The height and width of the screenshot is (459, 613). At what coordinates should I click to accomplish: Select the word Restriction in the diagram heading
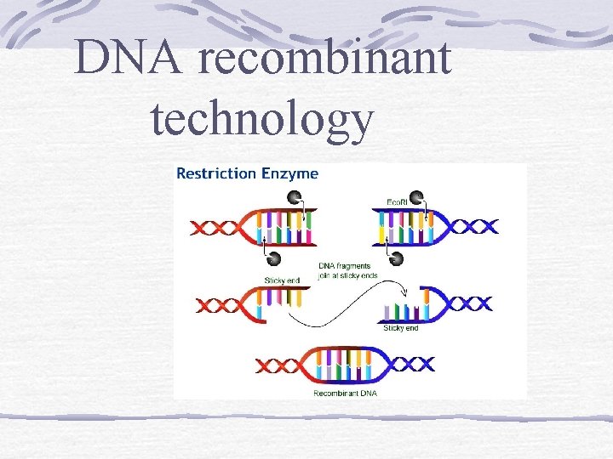tap(216, 173)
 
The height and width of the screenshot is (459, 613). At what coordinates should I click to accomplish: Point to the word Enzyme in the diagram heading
tap(290, 173)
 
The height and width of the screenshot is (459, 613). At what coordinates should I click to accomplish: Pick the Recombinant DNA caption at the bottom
tap(346, 393)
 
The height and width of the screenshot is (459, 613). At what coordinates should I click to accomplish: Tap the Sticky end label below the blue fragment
tap(402, 327)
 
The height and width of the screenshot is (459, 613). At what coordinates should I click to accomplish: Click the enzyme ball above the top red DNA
tap(295, 198)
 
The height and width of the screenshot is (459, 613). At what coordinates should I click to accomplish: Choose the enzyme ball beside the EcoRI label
tap(417, 198)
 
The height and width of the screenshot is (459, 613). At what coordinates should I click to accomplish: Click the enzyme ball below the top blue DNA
tap(397, 257)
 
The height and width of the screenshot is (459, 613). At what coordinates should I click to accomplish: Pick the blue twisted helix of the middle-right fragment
tap(467, 303)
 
